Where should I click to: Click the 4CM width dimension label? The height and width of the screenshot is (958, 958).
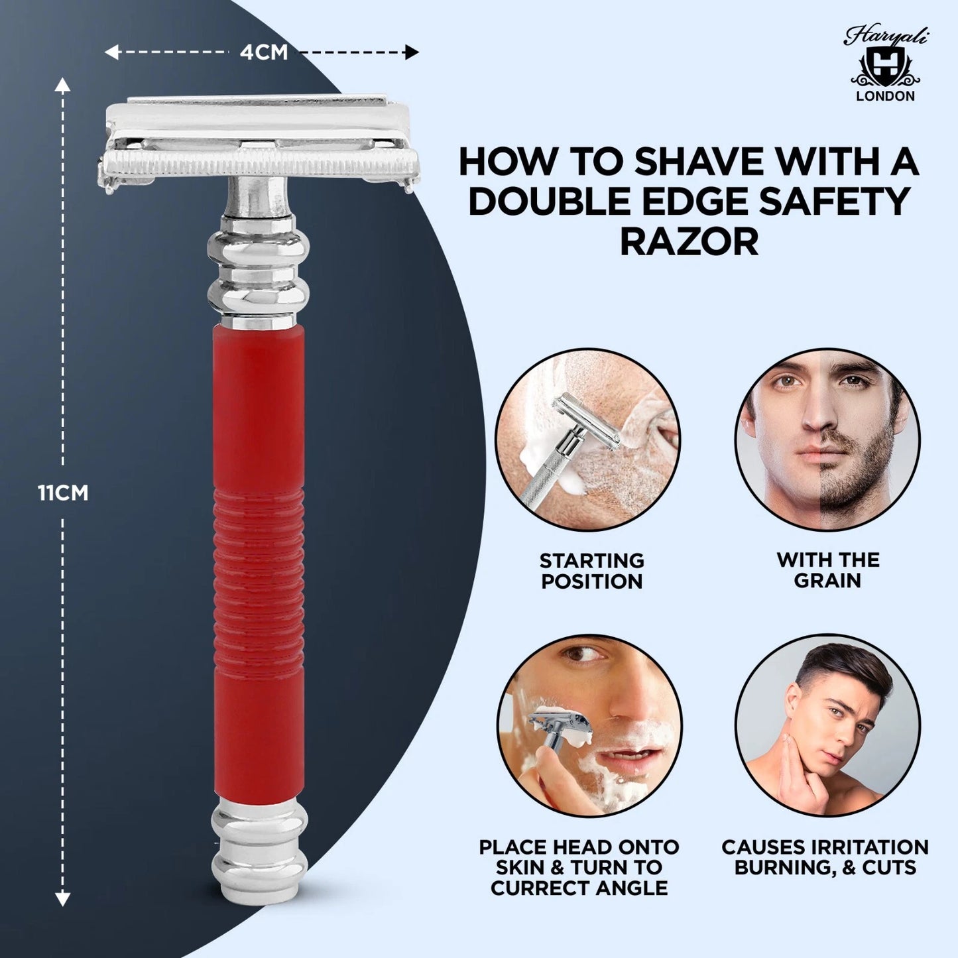click(264, 52)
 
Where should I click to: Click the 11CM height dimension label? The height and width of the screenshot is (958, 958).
click(62, 493)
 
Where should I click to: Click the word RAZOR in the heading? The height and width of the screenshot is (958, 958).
click(689, 242)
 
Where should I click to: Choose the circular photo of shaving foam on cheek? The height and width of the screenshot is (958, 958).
click(590, 726)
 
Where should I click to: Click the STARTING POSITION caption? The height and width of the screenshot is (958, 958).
click(591, 571)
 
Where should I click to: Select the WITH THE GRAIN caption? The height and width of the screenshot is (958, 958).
click(828, 570)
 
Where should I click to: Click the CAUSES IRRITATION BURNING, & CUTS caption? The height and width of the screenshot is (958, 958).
click(825, 857)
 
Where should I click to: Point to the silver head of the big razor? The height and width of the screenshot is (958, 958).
click(259, 143)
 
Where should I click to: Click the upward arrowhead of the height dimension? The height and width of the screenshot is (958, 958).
click(62, 84)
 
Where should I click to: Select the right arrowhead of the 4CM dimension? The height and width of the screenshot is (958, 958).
click(412, 52)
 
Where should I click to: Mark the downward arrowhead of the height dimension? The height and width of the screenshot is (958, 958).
click(62, 899)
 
